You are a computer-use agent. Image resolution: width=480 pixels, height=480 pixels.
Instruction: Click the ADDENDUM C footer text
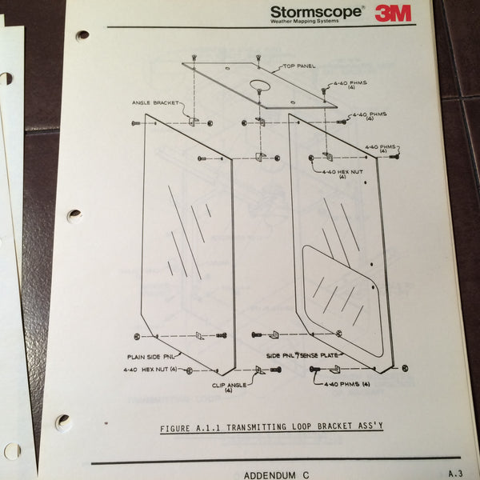[273, 473]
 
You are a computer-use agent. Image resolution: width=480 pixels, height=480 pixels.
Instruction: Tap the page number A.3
[455, 473]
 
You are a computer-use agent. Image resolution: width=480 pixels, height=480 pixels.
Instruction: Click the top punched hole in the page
[82, 34]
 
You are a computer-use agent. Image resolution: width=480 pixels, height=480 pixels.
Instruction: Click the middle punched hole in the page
[74, 215]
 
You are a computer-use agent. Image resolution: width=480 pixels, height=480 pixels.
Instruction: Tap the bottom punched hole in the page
[63, 420]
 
